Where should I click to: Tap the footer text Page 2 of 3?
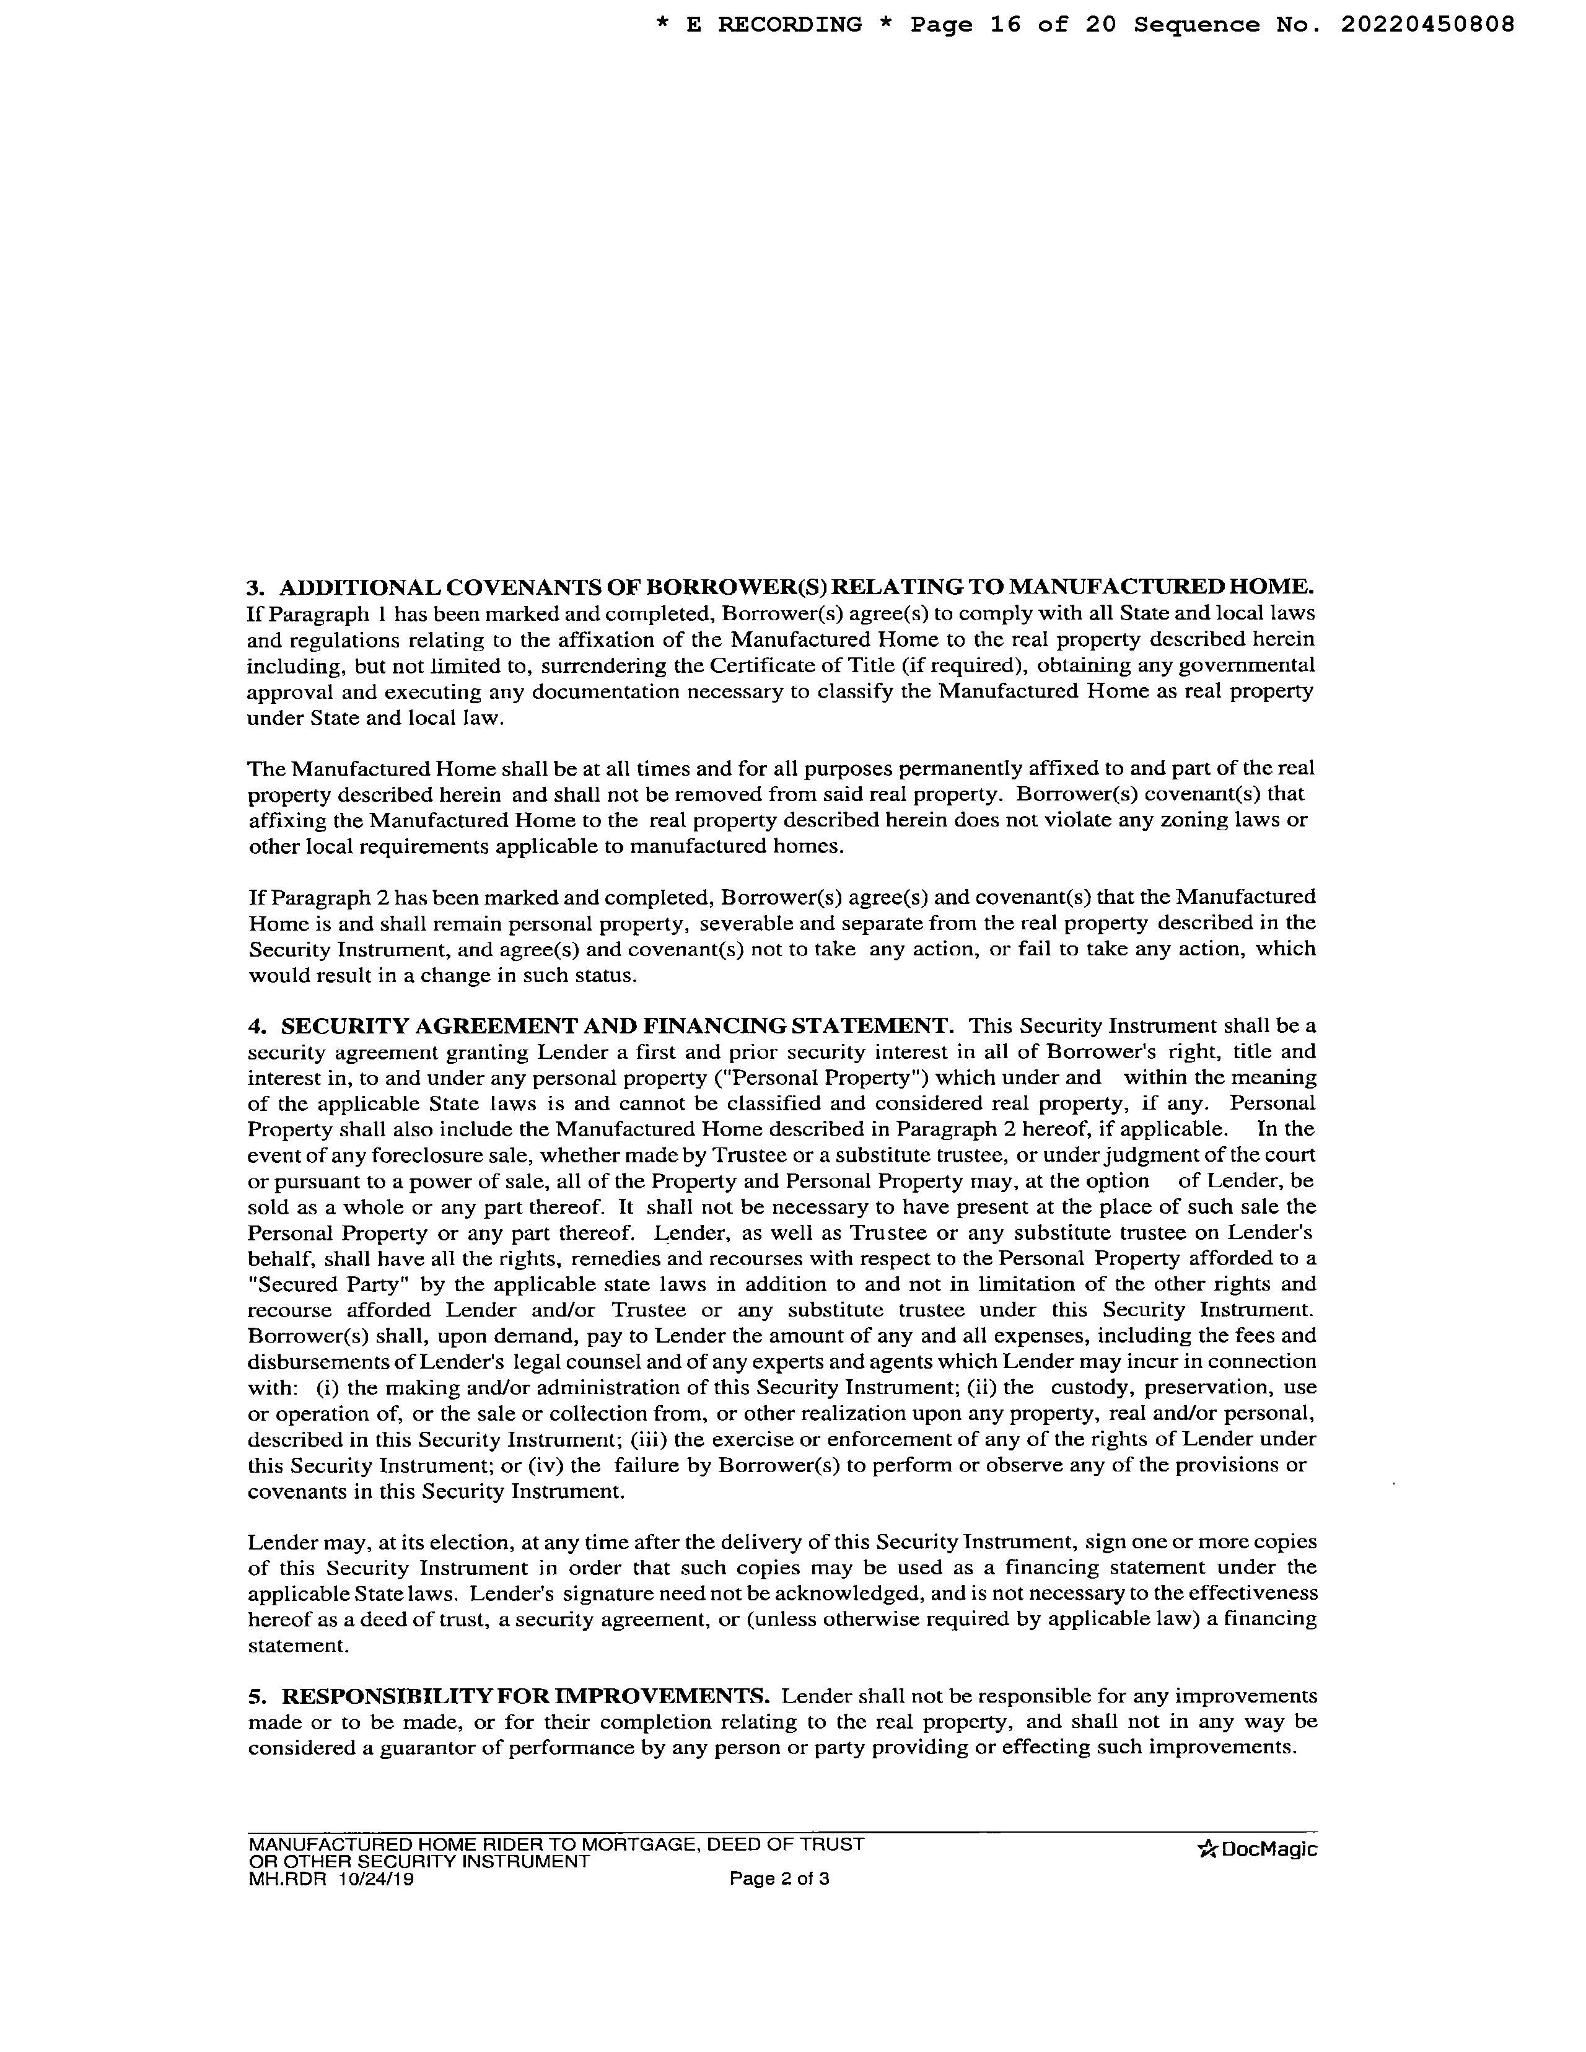coord(779,1879)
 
